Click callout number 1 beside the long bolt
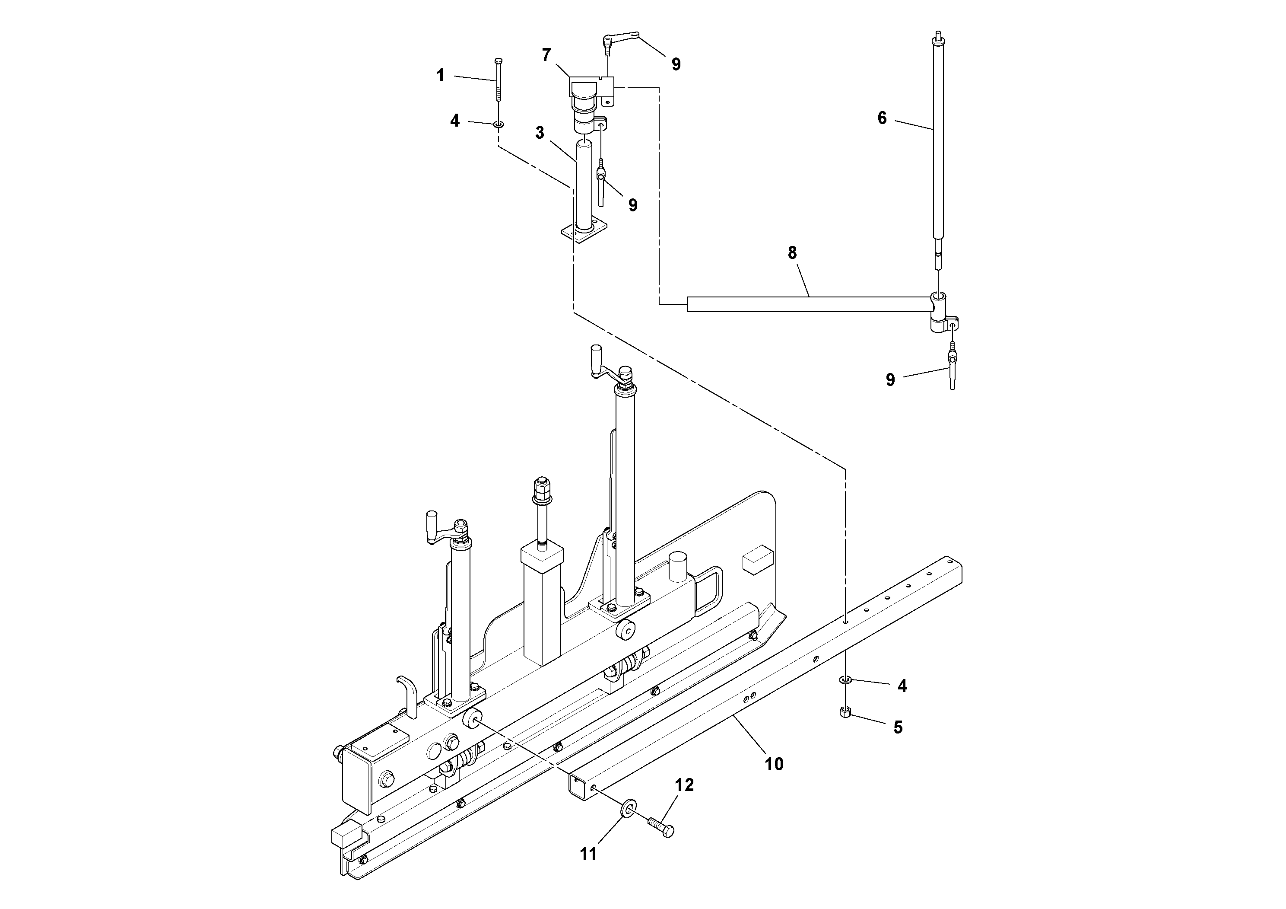coord(440,76)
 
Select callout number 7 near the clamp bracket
coord(546,55)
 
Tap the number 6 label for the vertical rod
coord(882,118)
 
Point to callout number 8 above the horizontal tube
coord(792,253)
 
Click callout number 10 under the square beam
coord(774,764)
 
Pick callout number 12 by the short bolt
coord(684,785)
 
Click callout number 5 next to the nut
coord(898,727)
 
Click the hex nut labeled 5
coord(846,712)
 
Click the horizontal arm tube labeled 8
coord(807,304)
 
